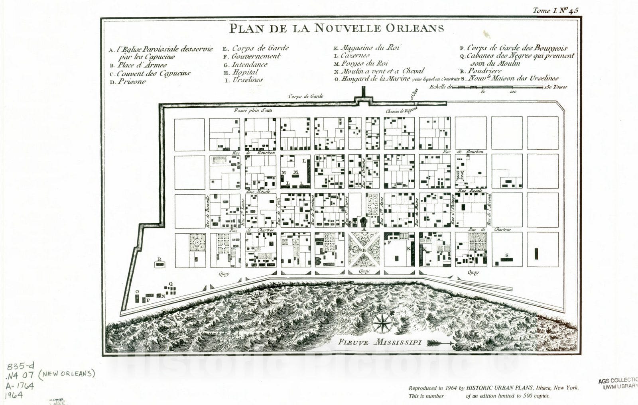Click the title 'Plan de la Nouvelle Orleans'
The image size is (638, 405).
point(336,28)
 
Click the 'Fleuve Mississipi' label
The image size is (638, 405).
point(380,342)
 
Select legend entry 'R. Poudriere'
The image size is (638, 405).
point(480,71)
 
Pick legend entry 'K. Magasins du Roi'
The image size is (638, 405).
point(366,48)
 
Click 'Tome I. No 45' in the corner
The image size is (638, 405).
point(555,11)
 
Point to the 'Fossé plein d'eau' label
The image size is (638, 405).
point(253,110)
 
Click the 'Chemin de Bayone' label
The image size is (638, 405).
point(401,111)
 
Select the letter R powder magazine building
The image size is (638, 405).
point(159,263)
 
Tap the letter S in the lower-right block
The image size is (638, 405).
point(507,255)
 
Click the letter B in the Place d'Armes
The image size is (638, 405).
point(364,250)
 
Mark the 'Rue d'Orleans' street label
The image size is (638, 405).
point(364,173)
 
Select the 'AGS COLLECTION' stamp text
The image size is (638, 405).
point(617,381)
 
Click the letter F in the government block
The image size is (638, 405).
point(389,242)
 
